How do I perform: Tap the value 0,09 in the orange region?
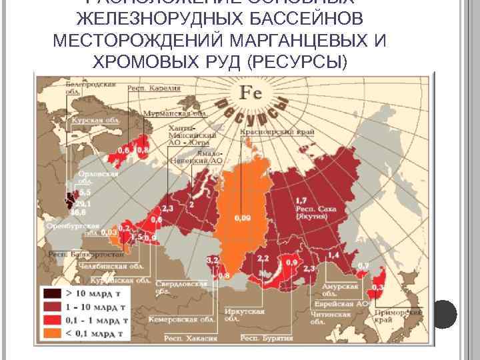pos(243,217)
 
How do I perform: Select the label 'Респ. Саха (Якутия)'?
pos(312,212)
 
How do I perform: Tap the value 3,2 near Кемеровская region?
pos(213,258)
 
